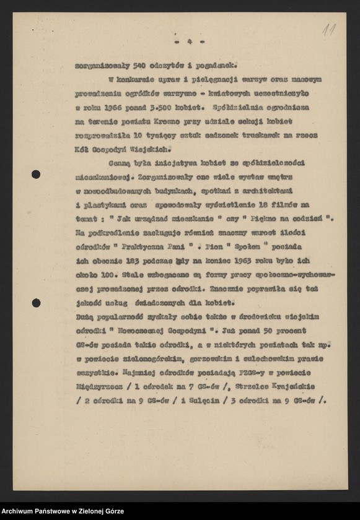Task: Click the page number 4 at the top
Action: [190, 41]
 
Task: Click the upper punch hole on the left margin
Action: [36, 175]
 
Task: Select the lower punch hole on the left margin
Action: [36, 303]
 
